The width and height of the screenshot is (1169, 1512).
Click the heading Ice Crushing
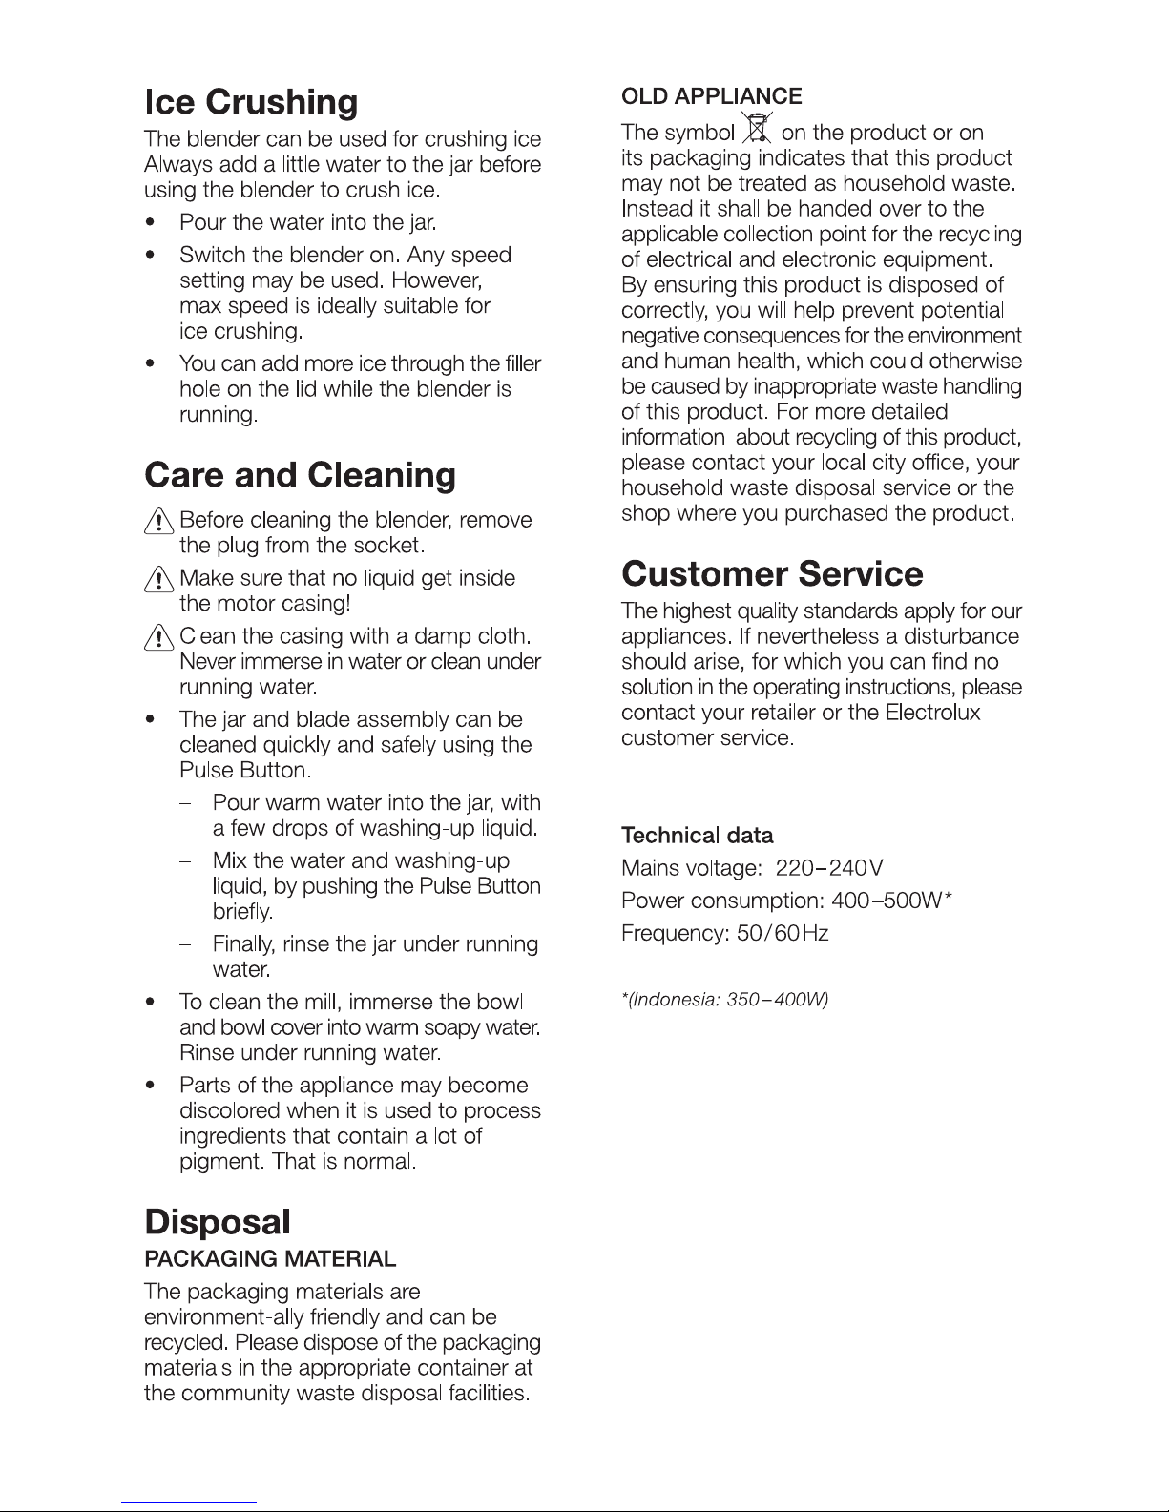pyautogui.click(x=251, y=103)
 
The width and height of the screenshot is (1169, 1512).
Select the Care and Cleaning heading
pyautogui.click(x=300, y=475)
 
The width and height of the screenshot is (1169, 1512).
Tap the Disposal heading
pyautogui.click(x=216, y=1222)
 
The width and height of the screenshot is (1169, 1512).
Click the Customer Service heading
pyautogui.click(x=772, y=574)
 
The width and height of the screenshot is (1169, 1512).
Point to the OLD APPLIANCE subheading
pyautogui.click(x=711, y=96)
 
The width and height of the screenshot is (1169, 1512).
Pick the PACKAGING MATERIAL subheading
pyautogui.click(x=269, y=1259)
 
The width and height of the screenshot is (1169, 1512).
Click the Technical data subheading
pyautogui.click(x=697, y=837)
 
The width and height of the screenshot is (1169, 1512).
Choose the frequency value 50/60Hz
pyautogui.click(x=783, y=934)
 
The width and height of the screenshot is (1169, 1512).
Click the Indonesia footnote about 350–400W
pyautogui.click(x=724, y=1000)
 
